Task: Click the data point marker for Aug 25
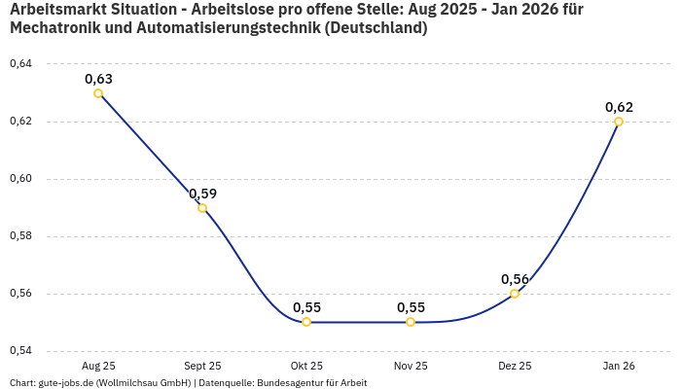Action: coord(98,93)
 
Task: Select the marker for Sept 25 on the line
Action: coord(202,208)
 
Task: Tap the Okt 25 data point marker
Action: coord(306,322)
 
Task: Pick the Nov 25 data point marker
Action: coord(411,322)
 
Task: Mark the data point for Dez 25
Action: coord(515,294)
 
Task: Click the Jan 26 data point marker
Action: coord(619,122)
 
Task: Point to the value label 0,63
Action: coord(98,79)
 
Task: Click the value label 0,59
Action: coord(202,194)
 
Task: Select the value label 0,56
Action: coord(515,279)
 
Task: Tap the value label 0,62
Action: coord(619,107)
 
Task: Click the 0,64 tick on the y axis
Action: coord(20,64)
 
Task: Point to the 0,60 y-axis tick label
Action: coord(20,179)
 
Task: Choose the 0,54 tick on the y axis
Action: coord(20,351)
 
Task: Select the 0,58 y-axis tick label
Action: coord(20,236)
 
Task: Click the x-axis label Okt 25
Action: coord(306,366)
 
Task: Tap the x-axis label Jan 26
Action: coord(619,366)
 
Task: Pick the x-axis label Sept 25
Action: coord(202,366)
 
